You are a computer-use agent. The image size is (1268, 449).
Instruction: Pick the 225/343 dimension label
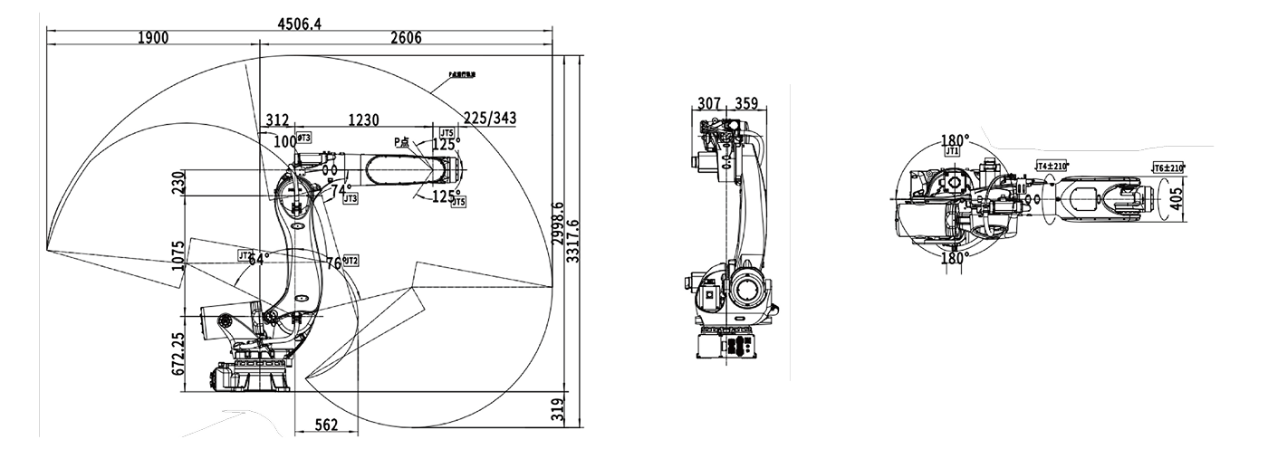click(489, 119)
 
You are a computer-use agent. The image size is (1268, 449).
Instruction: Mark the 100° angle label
click(284, 141)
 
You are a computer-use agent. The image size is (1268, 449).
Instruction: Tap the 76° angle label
click(333, 263)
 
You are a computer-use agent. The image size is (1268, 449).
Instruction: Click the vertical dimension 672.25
click(178, 353)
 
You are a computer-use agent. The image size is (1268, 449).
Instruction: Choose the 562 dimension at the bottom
click(328, 425)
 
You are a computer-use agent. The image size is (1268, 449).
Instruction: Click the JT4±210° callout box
click(1052, 166)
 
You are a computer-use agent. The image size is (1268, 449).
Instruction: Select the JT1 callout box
click(951, 152)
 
